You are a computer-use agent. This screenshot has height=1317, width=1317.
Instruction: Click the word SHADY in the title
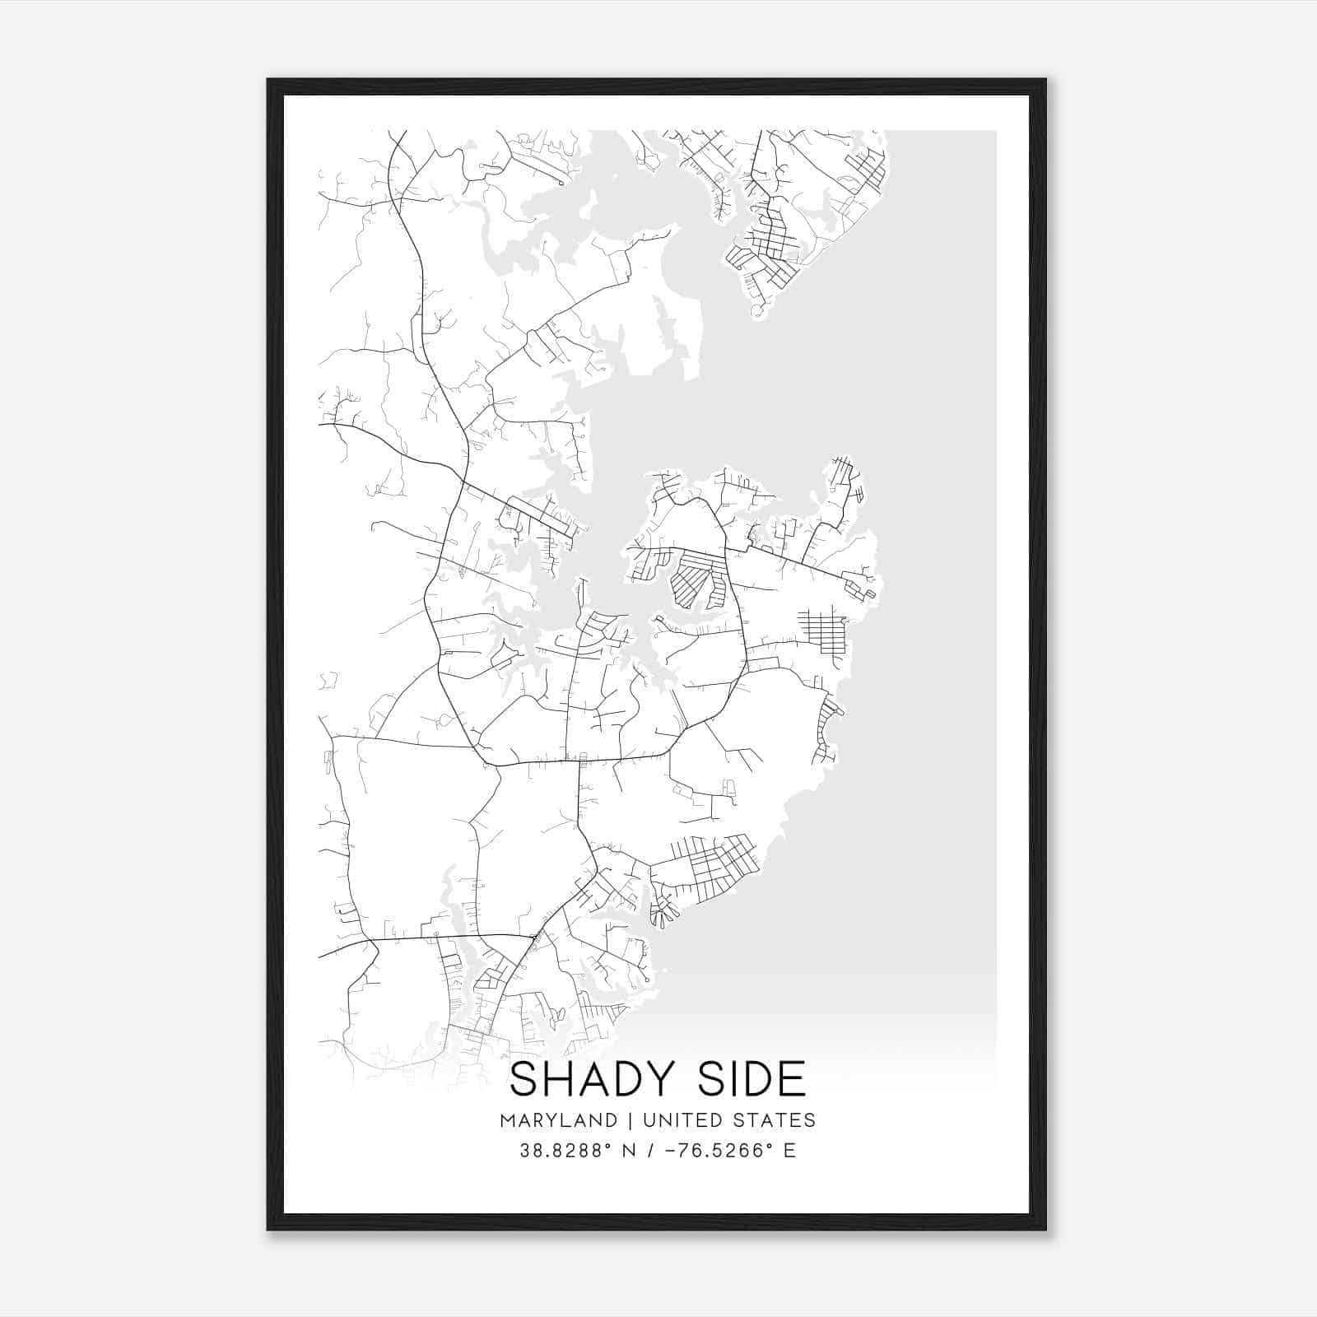594,1080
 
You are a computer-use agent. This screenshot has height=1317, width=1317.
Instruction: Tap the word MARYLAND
558,1120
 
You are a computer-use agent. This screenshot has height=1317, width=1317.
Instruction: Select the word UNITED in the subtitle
677,1120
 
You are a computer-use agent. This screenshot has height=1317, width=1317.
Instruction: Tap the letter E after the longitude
789,1151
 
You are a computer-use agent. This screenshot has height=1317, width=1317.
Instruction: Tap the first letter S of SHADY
524,1080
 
